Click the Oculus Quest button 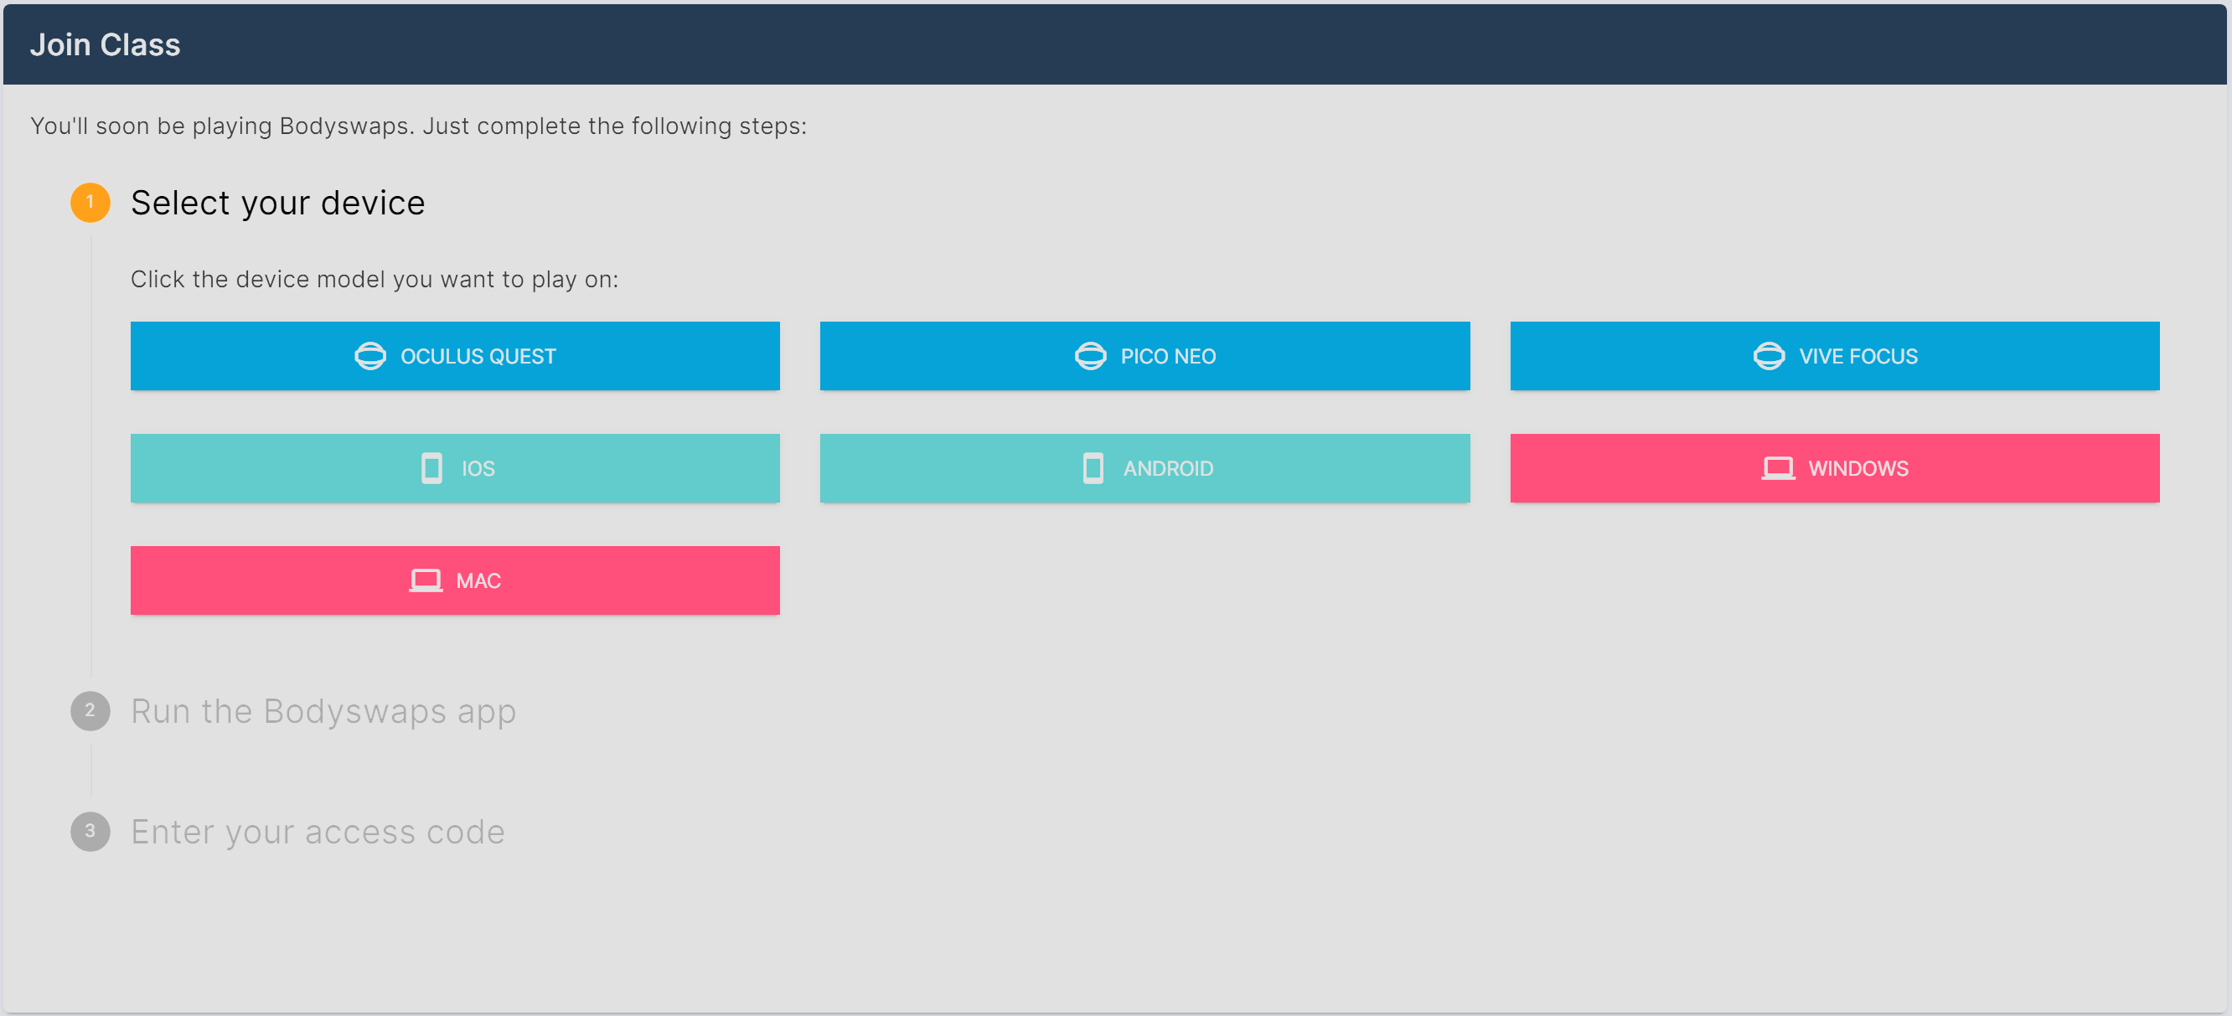455,356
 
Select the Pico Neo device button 1144,356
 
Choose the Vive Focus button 1834,356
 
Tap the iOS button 455,467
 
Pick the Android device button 1144,467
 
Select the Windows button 1834,467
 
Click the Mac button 455,580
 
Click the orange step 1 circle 90,203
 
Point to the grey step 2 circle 90,711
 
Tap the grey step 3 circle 90,832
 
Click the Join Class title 105,44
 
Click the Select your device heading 278,203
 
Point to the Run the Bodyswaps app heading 323,712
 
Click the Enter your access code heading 318,833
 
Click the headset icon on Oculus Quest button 370,356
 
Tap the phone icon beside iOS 431,467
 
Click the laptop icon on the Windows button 1778,468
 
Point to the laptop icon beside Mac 426,580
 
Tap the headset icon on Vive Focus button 1769,356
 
